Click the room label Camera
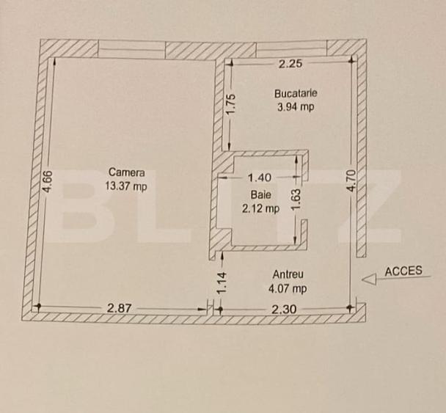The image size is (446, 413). coord(127,172)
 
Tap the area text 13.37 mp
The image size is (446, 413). coord(126,186)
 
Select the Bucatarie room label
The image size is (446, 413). coord(296,93)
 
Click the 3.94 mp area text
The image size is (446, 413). coord(296,107)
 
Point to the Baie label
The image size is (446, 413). coord(260,195)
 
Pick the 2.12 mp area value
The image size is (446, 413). coord(260,208)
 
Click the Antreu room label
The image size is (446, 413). coord(288,274)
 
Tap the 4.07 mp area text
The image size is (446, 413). coord(288,288)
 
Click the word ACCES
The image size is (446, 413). coord(403,271)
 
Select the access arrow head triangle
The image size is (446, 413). coord(369,279)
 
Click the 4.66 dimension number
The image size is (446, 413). coord(47,181)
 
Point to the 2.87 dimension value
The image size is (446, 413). coord(119,308)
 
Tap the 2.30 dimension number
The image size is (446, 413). coord(284,309)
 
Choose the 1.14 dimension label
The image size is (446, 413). coord(222,282)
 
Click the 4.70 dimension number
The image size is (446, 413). coord(352,180)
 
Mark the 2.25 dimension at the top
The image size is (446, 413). coord(290,63)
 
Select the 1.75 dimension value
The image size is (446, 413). coord(231,104)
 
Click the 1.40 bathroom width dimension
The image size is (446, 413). coord(260,178)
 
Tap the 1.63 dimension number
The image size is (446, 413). coord(296,200)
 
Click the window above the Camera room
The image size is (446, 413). coord(132,49)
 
